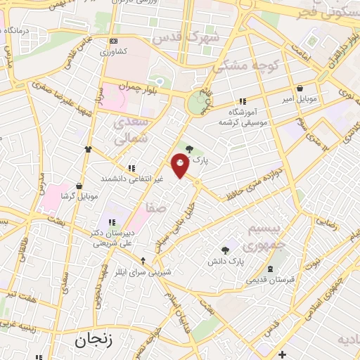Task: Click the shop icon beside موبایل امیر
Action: point(301,89)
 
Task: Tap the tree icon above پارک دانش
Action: point(225,250)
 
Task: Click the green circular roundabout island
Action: point(196,105)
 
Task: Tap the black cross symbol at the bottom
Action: point(283,353)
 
